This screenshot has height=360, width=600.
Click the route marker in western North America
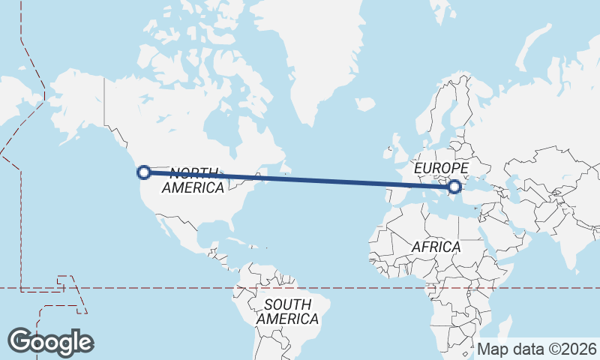pyautogui.click(x=143, y=172)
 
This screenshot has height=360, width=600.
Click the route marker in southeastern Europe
pyautogui.click(x=454, y=187)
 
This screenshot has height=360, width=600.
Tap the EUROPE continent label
pyautogui.click(x=441, y=168)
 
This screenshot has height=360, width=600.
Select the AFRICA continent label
pyautogui.click(x=436, y=246)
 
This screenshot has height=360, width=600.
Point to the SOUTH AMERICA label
pyautogui.click(x=287, y=311)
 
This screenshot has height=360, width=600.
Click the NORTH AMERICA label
pyautogui.click(x=193, y=180)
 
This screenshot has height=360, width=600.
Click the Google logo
pyautogui.click(x=50, y=341)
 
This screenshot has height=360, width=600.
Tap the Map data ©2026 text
pyautogui.click(x=537, y=349)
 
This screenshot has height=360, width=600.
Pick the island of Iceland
pyautogui.click(x=365, y=104)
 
